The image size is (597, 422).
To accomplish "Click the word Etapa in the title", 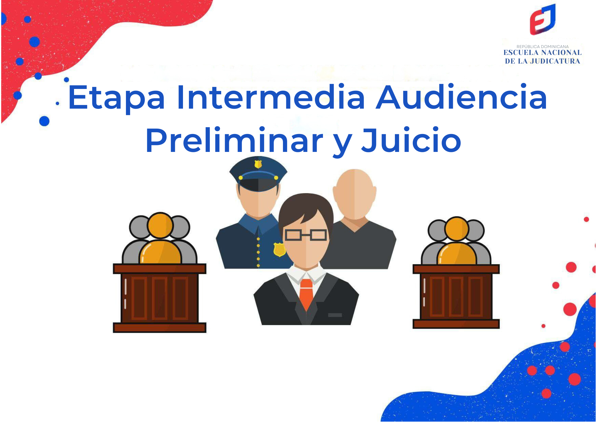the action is coord(116,97).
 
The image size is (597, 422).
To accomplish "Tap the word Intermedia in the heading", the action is coord(271,97).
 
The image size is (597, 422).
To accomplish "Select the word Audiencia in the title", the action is coord(461,97).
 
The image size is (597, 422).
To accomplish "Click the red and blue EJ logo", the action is coord(542,19).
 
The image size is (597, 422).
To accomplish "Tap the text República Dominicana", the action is coord(542,47).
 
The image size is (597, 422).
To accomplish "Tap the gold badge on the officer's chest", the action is coord(279,249).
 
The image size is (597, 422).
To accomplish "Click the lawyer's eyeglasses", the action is coord(305,235).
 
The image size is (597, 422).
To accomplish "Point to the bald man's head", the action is coord(354,194).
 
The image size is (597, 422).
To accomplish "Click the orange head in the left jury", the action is coord(160,226).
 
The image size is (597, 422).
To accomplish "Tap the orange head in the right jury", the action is coord(456,229).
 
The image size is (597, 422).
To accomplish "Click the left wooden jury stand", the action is coord(159,298).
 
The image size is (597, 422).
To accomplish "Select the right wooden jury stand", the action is coord(456,296).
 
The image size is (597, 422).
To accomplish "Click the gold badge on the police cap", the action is coord(258,164).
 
